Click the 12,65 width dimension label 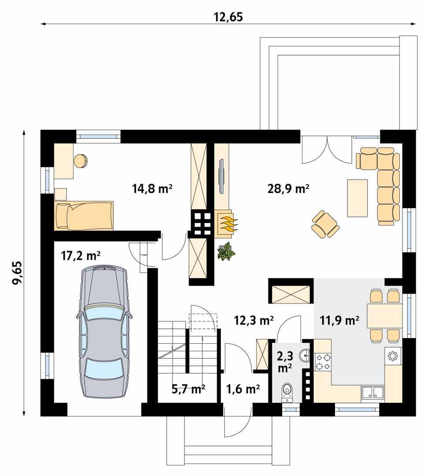click(228, 17)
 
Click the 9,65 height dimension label click(17, 272)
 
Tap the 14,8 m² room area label click(152, 189)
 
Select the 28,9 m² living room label click(288, 189)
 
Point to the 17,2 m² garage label click(80, 256)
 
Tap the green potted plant click(226, 251)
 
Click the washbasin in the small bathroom click(305, 356)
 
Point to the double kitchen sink click(372, 392)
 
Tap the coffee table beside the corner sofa click(357, 198)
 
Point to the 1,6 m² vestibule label click(242, 388)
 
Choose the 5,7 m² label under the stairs click(188, 388)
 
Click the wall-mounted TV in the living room click(222, 176)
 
